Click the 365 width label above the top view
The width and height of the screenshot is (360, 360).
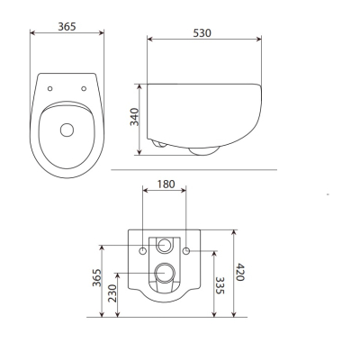click(x=67, y=27)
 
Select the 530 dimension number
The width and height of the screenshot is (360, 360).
click(x=202, y=33)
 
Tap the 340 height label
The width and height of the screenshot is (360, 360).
click(x=135, y=117)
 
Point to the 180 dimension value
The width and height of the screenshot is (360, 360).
click(x=166, y=184)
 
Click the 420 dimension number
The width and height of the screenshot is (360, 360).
click(x=240, y=272)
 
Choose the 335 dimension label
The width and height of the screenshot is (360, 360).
click(x=220, y=285)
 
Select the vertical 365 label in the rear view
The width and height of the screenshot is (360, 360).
click(x=96, y=277)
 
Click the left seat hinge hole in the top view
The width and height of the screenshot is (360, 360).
click(x=50, y=88)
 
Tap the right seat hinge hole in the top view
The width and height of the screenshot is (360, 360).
click(x=84, y=88)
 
